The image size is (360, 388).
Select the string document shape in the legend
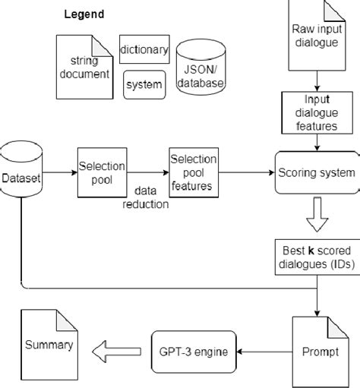[x=84, y=66]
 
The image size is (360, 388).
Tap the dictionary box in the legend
[x=144, y=51]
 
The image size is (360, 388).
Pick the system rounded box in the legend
[x=144, y=84]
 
